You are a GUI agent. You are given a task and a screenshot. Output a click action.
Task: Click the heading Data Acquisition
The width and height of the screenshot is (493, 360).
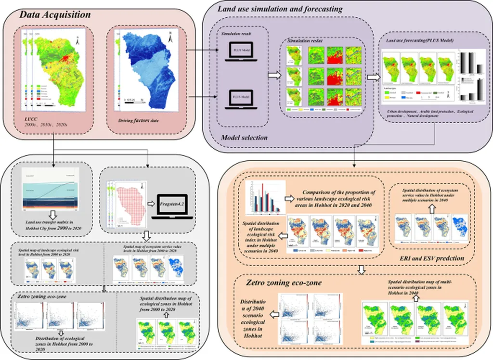click(x=55, y=15)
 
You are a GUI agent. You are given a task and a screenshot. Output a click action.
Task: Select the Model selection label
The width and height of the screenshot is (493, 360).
click(x=244, y=138)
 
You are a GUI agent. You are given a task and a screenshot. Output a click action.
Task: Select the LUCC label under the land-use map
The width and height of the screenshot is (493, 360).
click(x=31, y=118)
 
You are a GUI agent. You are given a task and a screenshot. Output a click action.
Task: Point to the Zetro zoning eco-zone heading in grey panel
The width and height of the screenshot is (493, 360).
click(x=40, y=297)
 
